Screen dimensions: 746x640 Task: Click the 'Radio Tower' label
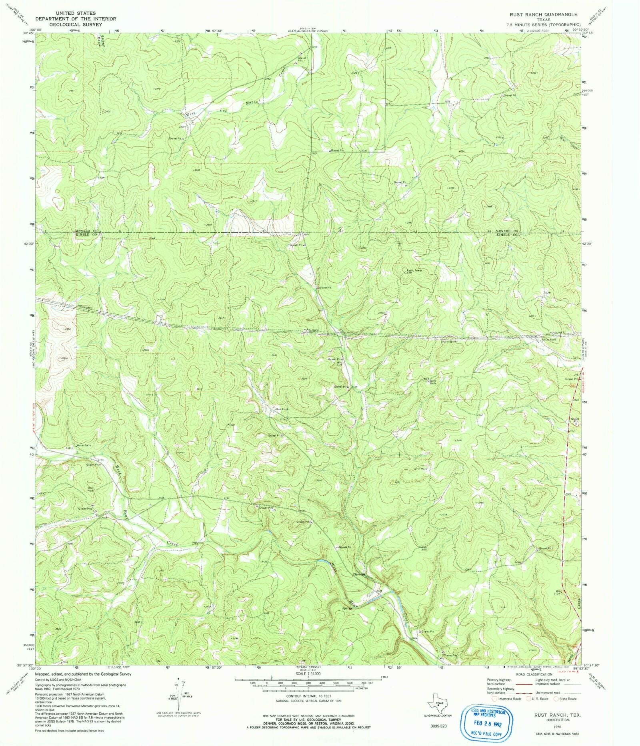point(414,270)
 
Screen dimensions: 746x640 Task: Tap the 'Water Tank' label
point(84,445)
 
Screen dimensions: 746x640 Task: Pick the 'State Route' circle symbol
point(556,699)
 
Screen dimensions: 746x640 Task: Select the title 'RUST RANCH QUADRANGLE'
point(543,14)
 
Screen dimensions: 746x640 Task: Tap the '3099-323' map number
point(439,725)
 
